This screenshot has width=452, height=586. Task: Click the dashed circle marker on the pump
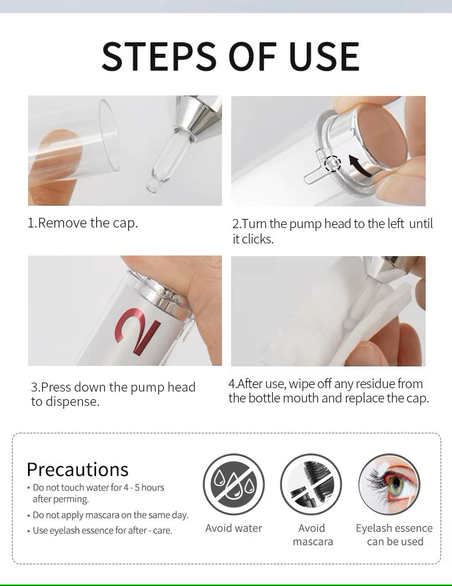click(x=332, y=164)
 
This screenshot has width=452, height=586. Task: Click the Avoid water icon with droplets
click(x=233, y=484)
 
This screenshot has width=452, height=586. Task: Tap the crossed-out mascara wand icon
click(x=311, y=484)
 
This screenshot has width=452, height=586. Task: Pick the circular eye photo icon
click(x=389, y=484)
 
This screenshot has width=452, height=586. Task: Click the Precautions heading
click(x=77, y=469)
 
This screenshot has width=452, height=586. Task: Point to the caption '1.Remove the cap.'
click(x=82, y=223)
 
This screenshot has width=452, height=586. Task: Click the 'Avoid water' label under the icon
click(x=233, y=528)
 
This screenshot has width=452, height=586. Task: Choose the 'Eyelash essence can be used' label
click(x=394, y=535)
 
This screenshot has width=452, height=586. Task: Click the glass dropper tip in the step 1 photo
click(x=152, y=185)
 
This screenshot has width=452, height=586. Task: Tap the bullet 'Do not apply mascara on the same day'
click(x=108, y=515)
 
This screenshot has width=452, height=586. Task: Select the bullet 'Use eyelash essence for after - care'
click(x=100, y=531)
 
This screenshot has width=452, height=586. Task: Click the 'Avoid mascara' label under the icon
click(x=312, y=535)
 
